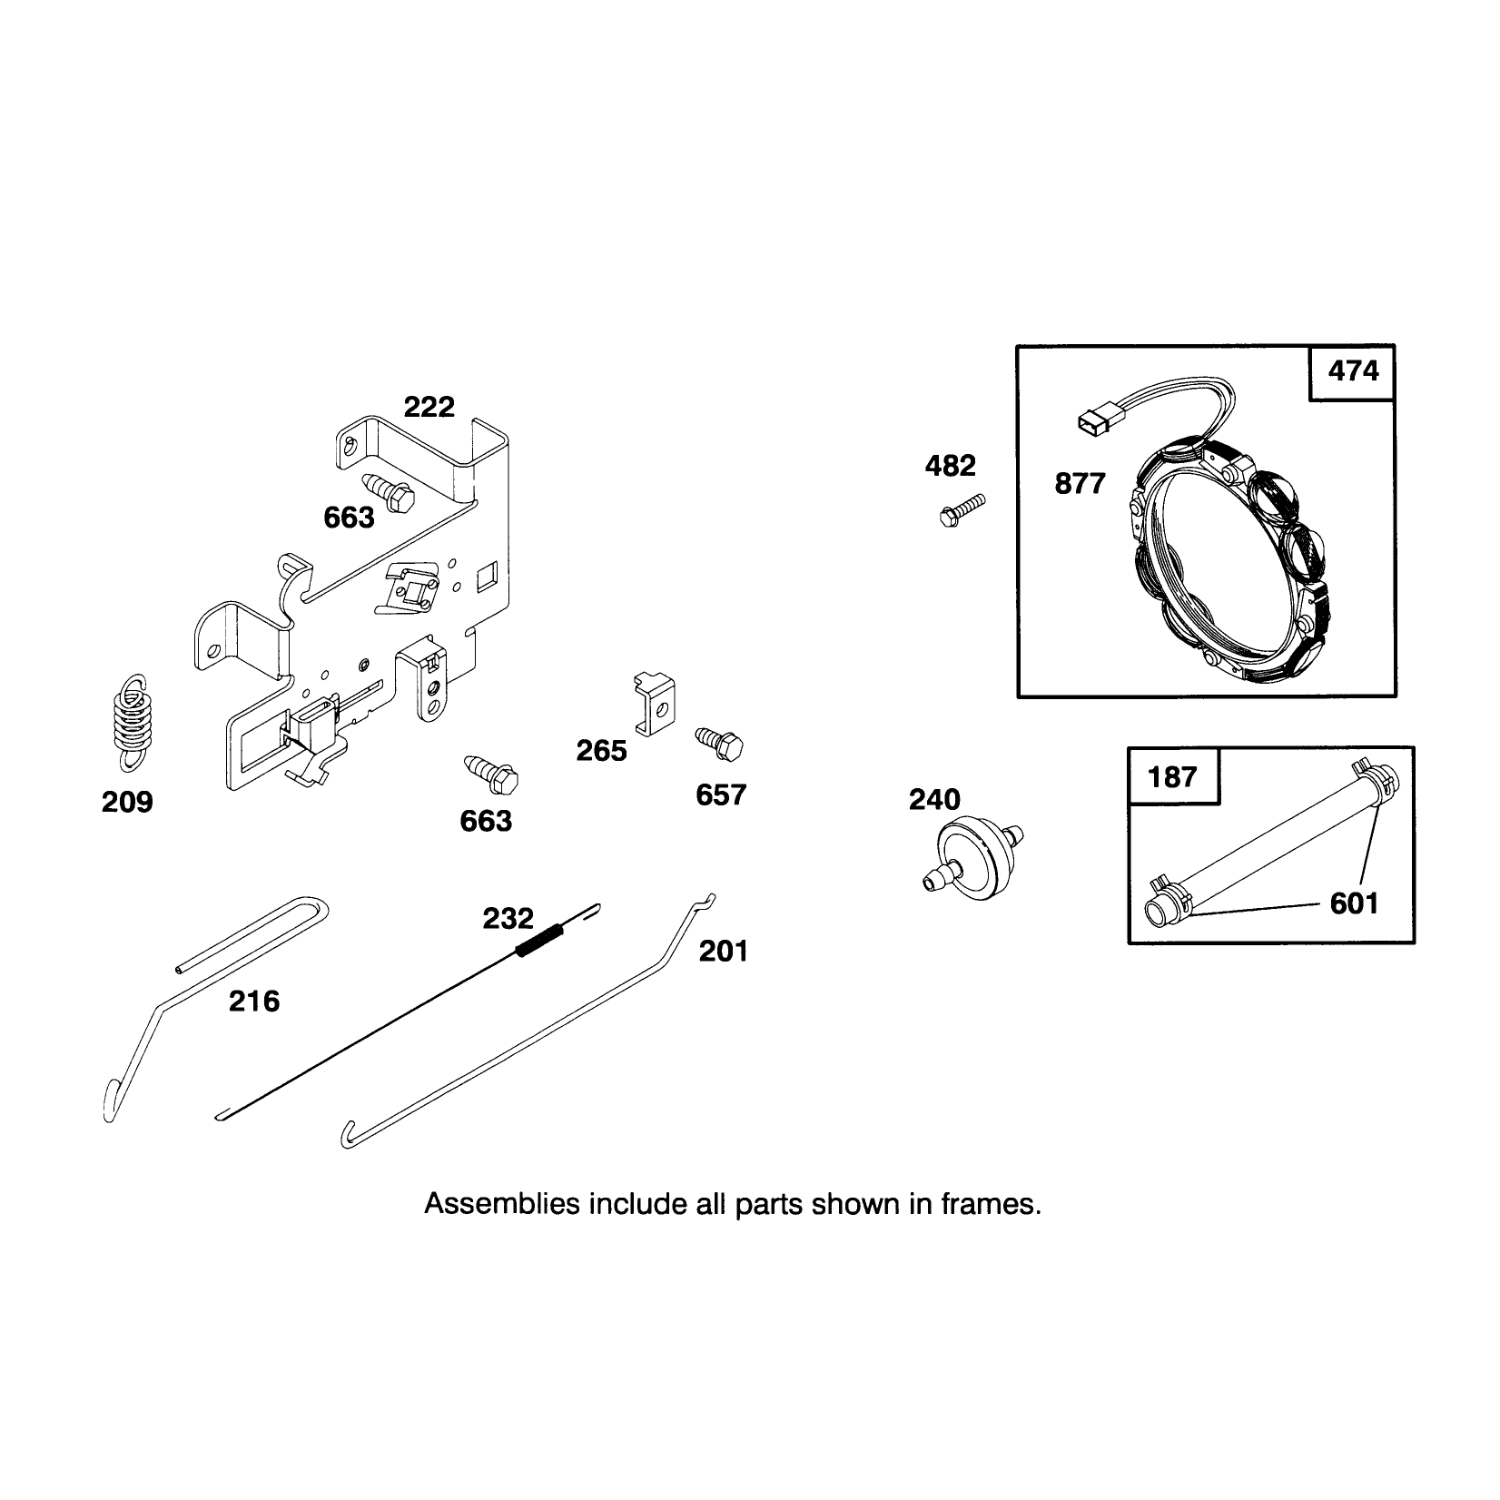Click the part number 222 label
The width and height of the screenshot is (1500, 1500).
tap(429, 407)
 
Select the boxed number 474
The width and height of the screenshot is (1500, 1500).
tap(1353, 371)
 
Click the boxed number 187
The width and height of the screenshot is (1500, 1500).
tap(1172, 777)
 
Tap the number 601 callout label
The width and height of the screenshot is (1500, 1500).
tap(1354, 903)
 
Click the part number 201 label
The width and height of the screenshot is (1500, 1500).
tap(724, 952)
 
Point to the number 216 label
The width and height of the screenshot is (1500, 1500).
tap(254, 1002)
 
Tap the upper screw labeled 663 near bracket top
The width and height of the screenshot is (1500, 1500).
tap(389, 490)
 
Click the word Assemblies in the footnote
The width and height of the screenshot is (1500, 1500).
tap(502, 1205)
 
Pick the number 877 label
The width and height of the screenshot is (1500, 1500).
tap(1080, 484)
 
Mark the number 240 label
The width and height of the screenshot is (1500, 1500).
tap(934, 800)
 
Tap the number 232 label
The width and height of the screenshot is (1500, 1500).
tap(508, 919)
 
